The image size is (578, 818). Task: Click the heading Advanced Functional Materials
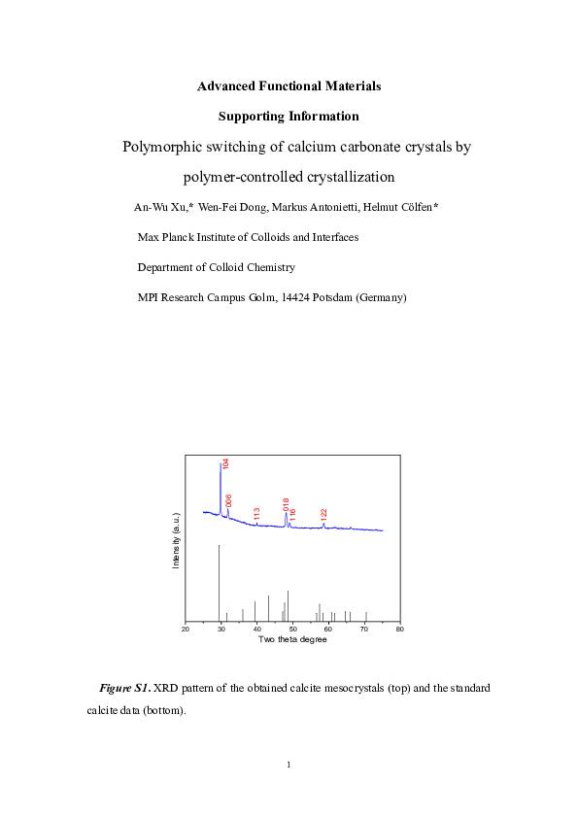pos(289,86)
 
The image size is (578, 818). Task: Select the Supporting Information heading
pos(289,117)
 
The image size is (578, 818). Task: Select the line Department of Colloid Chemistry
pos(217,267)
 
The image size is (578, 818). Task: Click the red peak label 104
pos(225,463)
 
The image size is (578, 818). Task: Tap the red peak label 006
pos(229,501)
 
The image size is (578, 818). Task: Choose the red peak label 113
pos(256,514)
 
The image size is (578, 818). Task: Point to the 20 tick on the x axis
pos(186,630)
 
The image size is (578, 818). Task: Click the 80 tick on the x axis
pos(399,630)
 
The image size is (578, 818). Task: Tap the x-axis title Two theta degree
pos(292,639)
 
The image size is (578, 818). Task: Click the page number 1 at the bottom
pos(289,766)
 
